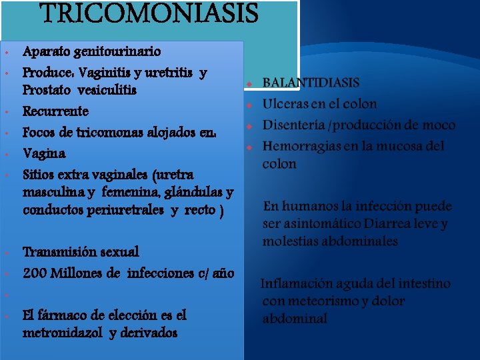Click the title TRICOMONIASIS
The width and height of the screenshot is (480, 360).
pos(149,13)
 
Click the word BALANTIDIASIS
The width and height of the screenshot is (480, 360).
pos(311,83)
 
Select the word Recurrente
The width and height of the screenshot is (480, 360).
pos(55,111)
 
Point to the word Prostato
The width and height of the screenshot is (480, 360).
pos(48,89)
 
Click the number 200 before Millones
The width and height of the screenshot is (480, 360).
pos(35,273)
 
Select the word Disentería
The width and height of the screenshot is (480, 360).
pos(296,125)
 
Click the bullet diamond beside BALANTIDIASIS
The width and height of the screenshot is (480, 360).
pos(248,85)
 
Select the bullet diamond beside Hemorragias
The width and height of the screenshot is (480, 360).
pos(248,147)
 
